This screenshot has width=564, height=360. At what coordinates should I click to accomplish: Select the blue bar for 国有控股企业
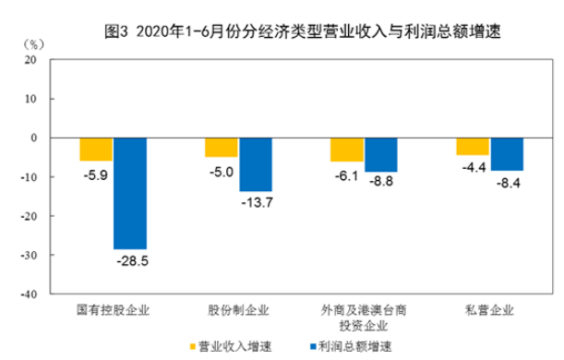tap(129, 193)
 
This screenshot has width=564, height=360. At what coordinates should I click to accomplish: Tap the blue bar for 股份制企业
tap(255, 164)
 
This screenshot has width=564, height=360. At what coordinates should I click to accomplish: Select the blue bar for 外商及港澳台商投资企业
tap(380, 155)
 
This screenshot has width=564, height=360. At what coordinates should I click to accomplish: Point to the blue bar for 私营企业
tap(506, 154)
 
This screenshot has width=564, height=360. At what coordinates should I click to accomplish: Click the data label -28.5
tap(129, 261)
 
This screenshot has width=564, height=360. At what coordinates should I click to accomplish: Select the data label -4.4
tap(472, 167)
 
